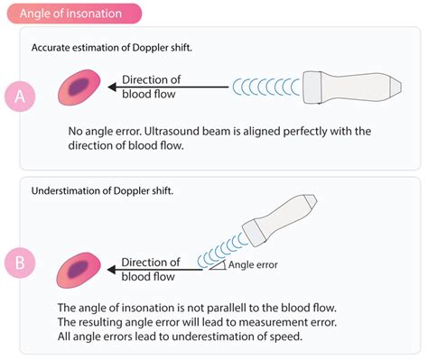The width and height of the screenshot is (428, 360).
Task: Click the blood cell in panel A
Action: [79, 88]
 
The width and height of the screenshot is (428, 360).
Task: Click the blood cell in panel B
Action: [79, 268]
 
